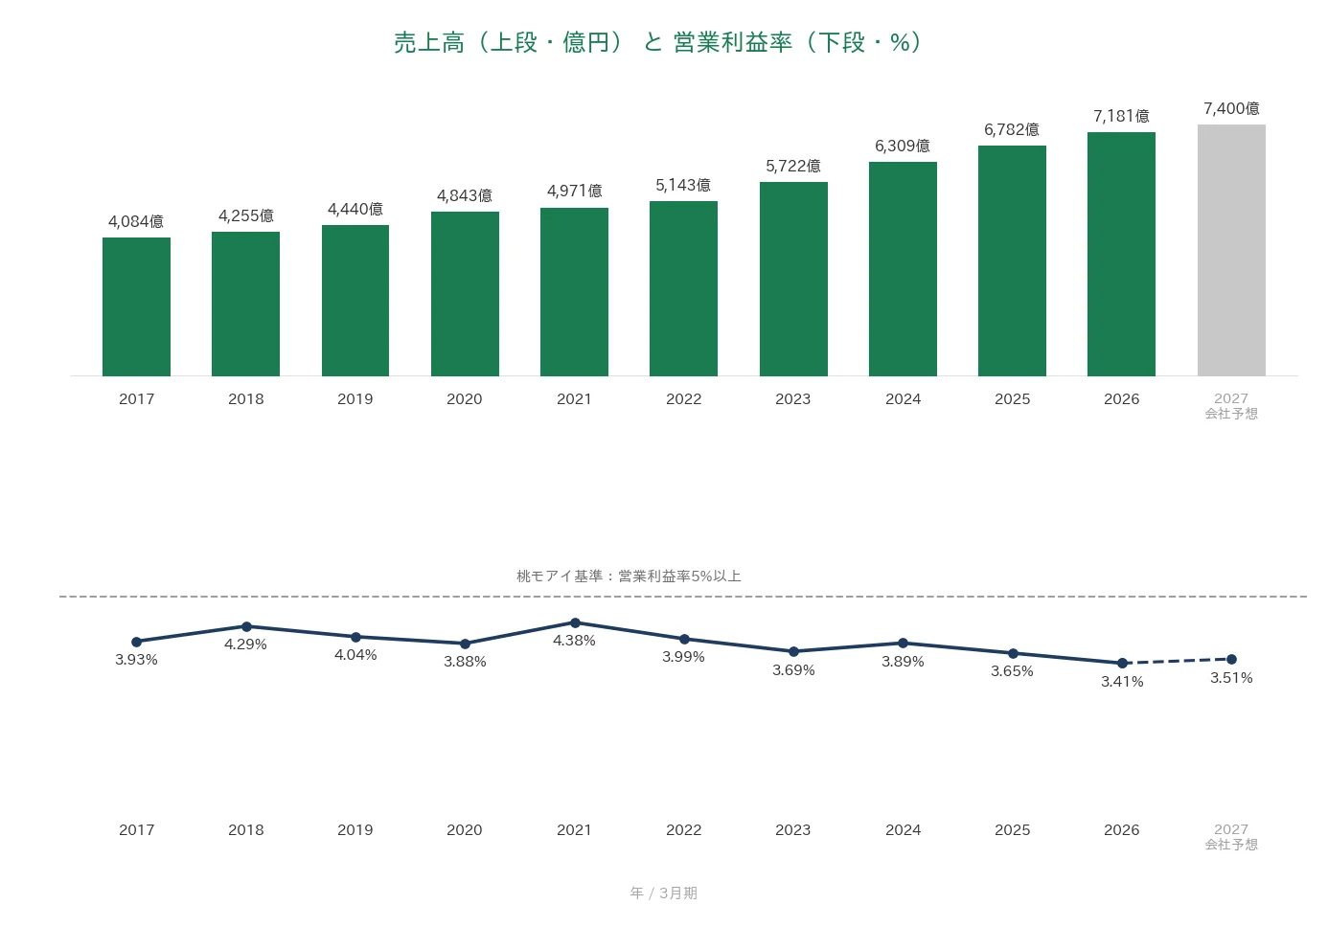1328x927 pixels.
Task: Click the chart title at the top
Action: (x=657, y=43)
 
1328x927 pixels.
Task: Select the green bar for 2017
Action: (x=136, y=306)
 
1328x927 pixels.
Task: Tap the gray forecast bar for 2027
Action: (x=1231, y=250)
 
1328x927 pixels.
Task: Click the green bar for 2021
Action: (x=574, y=292)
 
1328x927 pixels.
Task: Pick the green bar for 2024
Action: (x=903, y=268)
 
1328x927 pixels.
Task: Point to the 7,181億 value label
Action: (x=1121, y=116)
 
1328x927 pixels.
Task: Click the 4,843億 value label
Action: (x=464, y=195)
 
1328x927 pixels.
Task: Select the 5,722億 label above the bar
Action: (x=792, y=166)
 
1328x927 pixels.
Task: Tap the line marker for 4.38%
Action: (x=575, y=622)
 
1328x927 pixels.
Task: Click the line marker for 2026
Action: (x=1122, y=663)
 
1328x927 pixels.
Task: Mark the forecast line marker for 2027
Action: (x=1231, y=659)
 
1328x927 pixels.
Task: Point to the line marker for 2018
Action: (x=246, y=626)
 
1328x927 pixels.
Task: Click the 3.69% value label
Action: (x=793, y=670)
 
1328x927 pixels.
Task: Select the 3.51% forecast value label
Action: (x=1231, y=678)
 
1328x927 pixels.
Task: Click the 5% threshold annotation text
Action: (x=629, y=577)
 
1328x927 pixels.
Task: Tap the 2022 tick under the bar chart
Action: (x=683, y=399)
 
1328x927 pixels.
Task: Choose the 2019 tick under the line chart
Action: (x=355, y=829)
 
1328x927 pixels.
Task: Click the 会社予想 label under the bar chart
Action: (x=1231, y=414)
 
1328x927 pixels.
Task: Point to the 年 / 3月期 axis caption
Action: (x=663, y=893)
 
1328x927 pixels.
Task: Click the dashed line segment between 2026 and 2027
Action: (x=1177, y=661)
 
